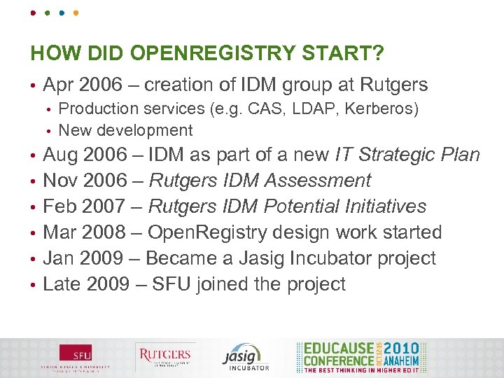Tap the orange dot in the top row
[x=76, y=13]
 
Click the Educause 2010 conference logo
[x=360, y=356]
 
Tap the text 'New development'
[x=125, y=130]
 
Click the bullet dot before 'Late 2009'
[x=33, y=285]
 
